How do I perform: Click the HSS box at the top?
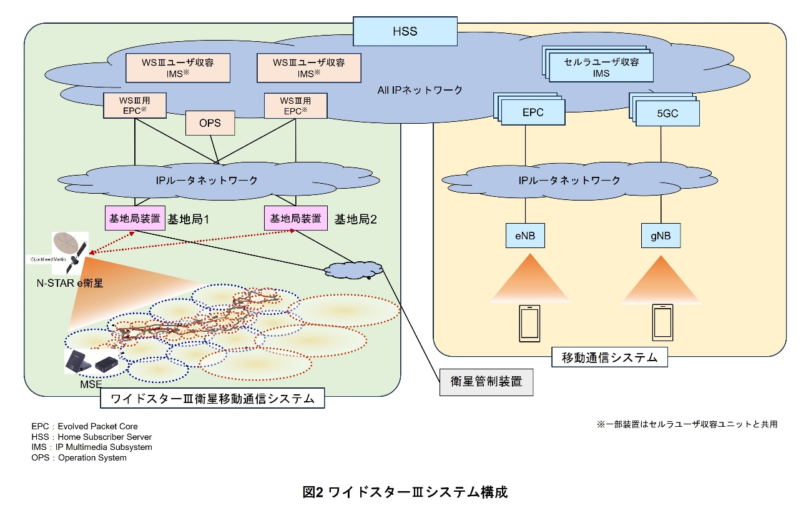click(404, 31)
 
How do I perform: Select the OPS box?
click(210, 123)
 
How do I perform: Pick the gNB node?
click(660, 237)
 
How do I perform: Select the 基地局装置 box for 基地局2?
click(296, 219)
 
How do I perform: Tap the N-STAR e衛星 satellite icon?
click(71, 252)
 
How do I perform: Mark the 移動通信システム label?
click(610, 358)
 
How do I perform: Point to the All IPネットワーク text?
click(420, 90)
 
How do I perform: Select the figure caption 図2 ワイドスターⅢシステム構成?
click(405, 492)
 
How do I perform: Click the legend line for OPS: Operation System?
click(79, 458)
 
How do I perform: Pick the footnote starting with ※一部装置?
click(687, 424)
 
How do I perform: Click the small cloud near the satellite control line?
click(353, 269)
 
